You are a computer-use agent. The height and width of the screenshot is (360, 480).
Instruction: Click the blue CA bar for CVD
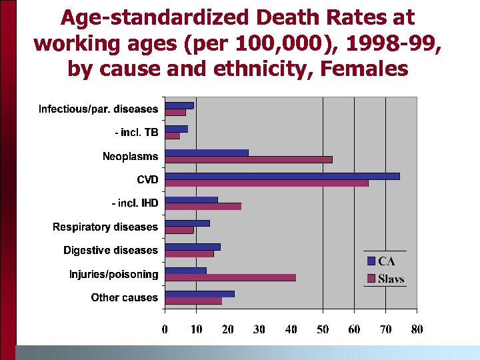[282, 176]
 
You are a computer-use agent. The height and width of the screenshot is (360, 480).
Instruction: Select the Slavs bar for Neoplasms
[248, 159]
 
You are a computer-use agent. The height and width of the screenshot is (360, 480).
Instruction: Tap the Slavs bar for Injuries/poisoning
[230, 277]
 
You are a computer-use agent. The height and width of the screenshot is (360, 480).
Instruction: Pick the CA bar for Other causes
[199, 293]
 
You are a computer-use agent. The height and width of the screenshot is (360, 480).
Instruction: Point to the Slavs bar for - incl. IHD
[203, 207]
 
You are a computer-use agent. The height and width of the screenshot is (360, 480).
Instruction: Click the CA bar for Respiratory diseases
[187, 223]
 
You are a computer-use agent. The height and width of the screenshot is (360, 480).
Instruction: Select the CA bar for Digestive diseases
[192, 247]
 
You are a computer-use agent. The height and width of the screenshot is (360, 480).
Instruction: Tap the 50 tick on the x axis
[323, 329]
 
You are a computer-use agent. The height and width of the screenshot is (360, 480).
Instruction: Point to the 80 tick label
[417, 329]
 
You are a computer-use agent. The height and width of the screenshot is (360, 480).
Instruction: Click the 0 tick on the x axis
[165, 329]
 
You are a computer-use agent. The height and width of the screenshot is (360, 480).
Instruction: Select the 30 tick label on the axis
[259, 329]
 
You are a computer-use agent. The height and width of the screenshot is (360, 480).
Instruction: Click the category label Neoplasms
[131, 157]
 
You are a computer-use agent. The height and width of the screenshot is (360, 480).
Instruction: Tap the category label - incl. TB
[137, 133]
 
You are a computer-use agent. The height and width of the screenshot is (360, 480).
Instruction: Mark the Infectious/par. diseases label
[99, 109]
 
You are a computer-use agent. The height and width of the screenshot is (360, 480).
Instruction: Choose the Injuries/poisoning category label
[114, 274]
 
